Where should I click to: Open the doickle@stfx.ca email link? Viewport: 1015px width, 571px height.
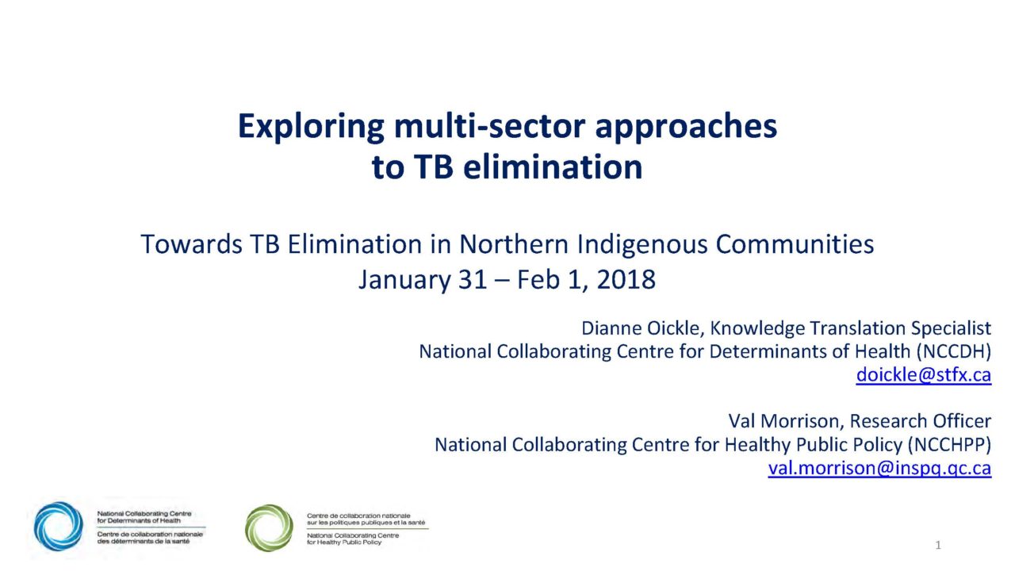click(x=924, y=375)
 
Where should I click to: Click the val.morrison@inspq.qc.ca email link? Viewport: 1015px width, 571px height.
click(x=879, y=468)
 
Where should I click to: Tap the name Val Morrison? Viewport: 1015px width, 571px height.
click(x=785, y=421)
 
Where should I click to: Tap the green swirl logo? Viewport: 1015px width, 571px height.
click(x=269, y=527)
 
